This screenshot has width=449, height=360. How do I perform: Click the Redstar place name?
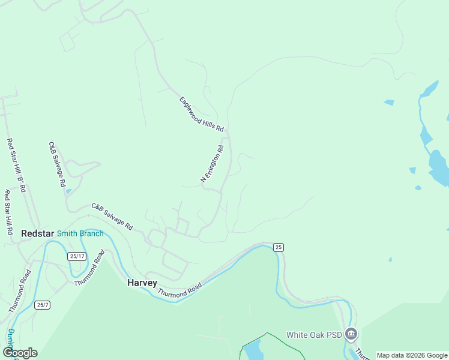tap(38, 233)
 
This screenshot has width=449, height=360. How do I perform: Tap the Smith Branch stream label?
tap(80, 233)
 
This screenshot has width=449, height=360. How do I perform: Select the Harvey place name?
tap(142, 283)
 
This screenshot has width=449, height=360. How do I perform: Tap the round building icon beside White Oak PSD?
tap(352, 334)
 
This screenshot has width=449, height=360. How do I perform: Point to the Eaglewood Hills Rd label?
tap(201, 114)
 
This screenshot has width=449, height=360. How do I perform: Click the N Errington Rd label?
tap(212, 163)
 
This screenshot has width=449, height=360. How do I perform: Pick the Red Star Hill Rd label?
tap(8, 212)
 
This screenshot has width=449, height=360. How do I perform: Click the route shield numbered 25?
tap(278, 247)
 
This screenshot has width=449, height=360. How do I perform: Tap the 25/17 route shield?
tap(77, 256)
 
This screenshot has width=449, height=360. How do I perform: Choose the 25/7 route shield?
tap(42, 305)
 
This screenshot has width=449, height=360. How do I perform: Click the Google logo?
tap(20, 353)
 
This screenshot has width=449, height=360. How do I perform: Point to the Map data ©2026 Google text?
tap(412, 355)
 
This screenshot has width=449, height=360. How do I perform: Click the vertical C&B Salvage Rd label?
tap(56, 164)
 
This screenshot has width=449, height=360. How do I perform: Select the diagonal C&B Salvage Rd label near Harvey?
tap(112, 217)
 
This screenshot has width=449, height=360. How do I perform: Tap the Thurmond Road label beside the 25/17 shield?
tap(89, 267)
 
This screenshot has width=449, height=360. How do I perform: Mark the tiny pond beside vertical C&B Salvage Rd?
tap(68, 192)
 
